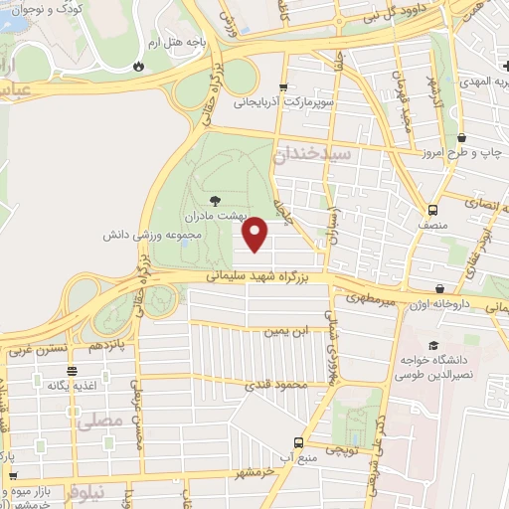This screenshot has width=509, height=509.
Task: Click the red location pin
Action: coord(255,234)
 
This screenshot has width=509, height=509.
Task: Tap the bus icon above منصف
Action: coord(433,210)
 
